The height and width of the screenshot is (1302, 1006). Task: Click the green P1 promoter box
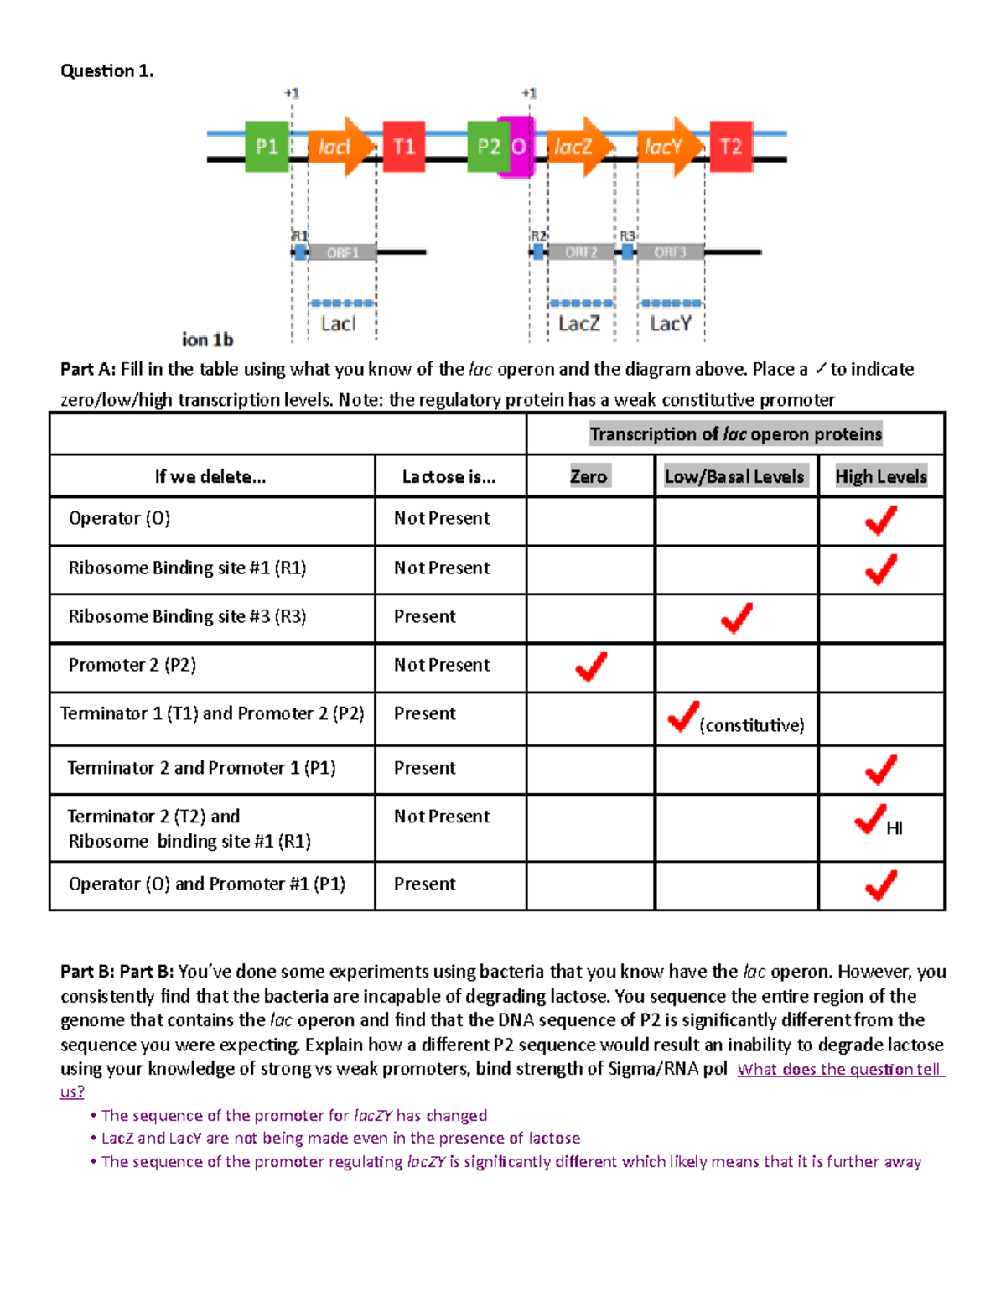(x=267, y=147)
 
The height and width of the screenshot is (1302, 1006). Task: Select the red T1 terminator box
(x=404, y=147)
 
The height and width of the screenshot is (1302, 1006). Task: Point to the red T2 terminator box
(x=731, y=147)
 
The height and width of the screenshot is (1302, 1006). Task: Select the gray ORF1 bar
(x=342, y=252)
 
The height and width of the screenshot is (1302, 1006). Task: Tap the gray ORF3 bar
(x=670, y=252)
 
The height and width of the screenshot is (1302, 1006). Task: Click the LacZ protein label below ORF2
(x=579, y=324)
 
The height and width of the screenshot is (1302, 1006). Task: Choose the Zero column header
(x=589, y=476)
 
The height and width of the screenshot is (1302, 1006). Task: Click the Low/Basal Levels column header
(x=734, y=476)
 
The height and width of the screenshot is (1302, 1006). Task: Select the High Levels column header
(x=881, y=476)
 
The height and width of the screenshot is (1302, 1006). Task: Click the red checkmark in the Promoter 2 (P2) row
(x=591, y=667)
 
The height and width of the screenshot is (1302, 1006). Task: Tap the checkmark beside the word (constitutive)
(x=683, y=717)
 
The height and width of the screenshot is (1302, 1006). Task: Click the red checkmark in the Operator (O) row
(x=881, y=521)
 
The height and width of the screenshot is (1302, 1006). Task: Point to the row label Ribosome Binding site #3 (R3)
(x=187, y=616)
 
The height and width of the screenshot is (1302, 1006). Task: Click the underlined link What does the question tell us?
(x=839, y=1070)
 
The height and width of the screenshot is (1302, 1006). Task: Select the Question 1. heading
(x=106, y=71)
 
